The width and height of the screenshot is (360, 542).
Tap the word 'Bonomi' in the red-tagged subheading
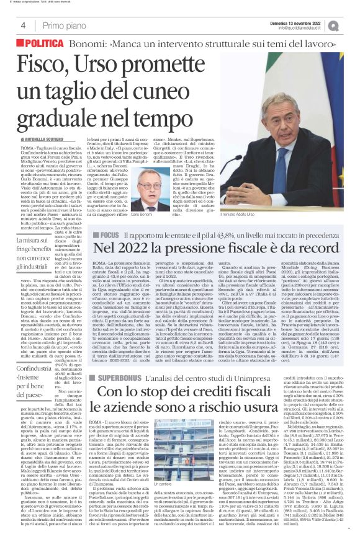point(94,45)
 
